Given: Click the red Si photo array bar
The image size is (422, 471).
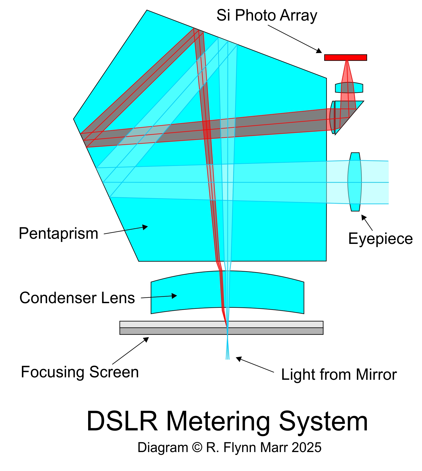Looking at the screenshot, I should tap(345, 57).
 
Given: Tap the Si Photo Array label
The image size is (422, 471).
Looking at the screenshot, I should tap(267, 15).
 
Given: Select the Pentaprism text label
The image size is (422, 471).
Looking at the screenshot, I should tap(58, 233).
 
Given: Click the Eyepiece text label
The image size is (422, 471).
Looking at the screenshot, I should tap(380, 239).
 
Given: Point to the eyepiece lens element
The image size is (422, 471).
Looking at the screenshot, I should tap(355, 182).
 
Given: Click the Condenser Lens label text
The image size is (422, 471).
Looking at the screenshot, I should tap(77, 298).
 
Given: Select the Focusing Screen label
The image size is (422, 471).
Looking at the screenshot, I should tap(80, 372).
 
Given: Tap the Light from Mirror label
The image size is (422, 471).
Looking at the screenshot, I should tap(339, 375).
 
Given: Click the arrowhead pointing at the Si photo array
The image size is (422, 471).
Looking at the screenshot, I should tap(319, 51).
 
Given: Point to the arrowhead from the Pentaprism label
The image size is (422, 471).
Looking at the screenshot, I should tap(145, 227).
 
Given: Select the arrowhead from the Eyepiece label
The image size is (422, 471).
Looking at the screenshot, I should tap(364, 217).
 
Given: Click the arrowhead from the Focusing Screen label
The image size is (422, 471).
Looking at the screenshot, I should tap(146, 339).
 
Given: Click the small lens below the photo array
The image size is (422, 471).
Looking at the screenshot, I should tap(349, 88).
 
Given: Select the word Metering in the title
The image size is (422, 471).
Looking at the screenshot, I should tap(218, 421).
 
